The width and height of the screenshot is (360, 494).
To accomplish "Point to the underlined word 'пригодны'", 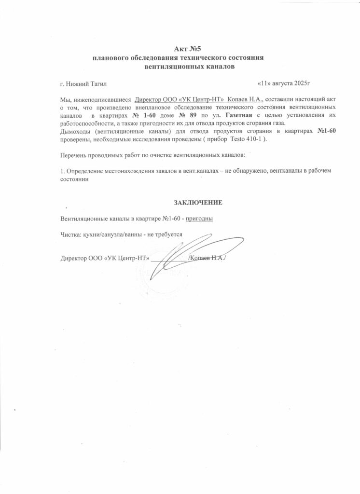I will [x=200, y=219].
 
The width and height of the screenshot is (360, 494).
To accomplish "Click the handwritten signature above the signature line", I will [x=186, y=251].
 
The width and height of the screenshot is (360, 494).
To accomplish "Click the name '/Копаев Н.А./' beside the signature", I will [x=208, y=258].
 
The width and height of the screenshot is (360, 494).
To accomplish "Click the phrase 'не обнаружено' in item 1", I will [x=244, y=171].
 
